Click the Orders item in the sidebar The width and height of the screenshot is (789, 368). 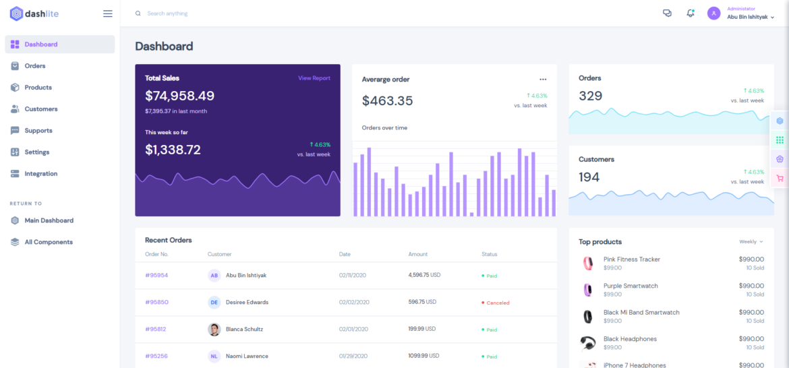[35, 66]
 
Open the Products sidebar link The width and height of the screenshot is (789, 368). [38, 88]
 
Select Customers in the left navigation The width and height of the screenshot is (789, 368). [40, 109]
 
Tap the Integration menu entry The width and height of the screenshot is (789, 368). [40, 174]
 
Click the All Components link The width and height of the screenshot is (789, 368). [48, 242]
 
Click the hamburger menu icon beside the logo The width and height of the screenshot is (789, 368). [108, 13]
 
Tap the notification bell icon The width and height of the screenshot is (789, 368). [690, 13]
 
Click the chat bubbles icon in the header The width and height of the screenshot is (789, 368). [667, 13]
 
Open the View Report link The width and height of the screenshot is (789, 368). [314, 78]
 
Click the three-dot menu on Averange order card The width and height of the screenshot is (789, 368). [543, 80]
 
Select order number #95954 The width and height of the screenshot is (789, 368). [156, 276]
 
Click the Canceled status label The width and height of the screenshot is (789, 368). [498, 303]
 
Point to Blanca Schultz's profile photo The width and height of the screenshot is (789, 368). [214, 330]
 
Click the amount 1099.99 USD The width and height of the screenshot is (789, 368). [424, 356]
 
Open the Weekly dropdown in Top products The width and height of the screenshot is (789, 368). [751, 241]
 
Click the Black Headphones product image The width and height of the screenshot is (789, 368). [587, 343]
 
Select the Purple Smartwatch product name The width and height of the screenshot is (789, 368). [631, 286]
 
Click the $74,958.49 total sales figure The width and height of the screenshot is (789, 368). [179, 96]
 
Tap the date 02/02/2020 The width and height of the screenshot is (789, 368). [353, 303]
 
